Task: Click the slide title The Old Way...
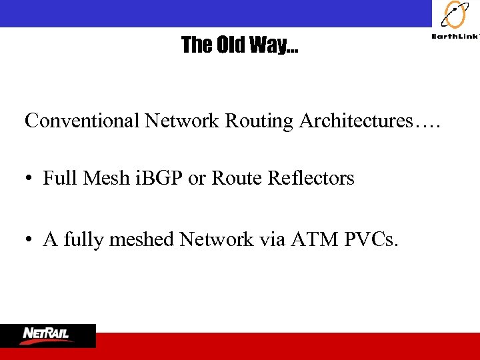(x=240, y=45)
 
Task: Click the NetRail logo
(x=48, y=335)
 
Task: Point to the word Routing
(x=259, y=122)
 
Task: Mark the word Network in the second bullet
(x=217, y=239)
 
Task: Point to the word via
(x=270, y=239)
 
